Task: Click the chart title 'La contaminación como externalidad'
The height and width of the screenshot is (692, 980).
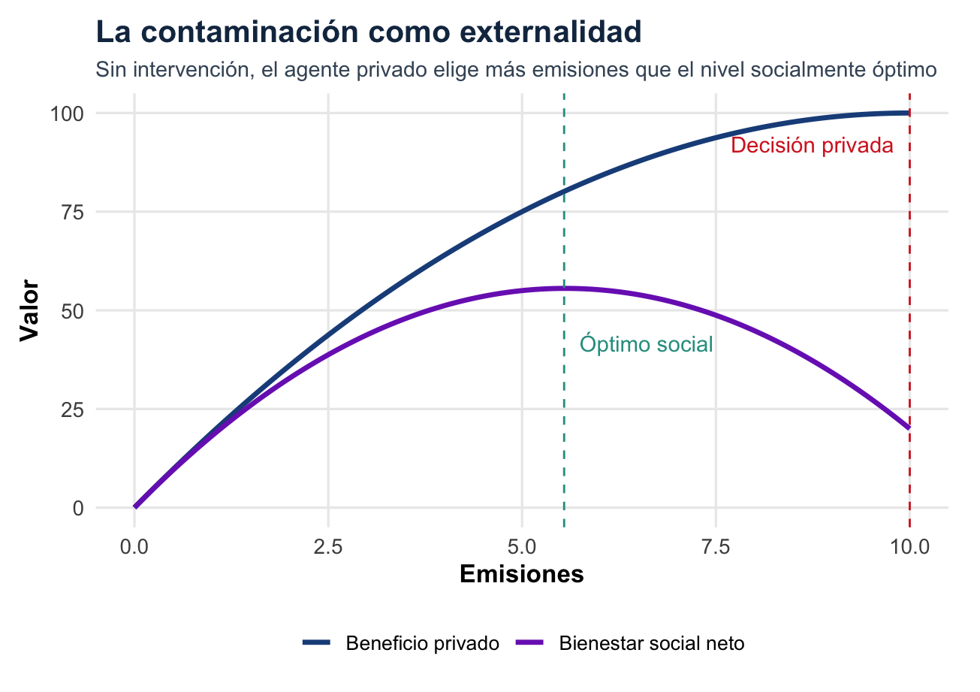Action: click(x=368, y=32)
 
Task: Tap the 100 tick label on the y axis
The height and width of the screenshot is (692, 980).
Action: click(x=65, y=113)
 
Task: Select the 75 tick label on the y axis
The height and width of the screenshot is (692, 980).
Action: click(x=71, y=212)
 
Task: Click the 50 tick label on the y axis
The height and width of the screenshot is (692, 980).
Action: click(x=71, y=310)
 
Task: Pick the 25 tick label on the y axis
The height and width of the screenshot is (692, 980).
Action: click(x=71, y=409)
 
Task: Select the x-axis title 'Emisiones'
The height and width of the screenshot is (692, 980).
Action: click(x=522, y=575)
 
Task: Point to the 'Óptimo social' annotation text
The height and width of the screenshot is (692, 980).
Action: click(x=647, y=345)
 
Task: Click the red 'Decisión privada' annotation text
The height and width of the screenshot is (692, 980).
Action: click(x=812, y=146)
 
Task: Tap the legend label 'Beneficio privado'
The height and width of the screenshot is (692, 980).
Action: click(x=423, y=644)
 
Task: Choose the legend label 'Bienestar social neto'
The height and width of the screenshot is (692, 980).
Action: click(x=652, y=644)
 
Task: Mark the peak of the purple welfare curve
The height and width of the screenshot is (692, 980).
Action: click(x=563, y=288)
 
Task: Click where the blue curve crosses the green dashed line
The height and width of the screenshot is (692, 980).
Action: click(x=564, y=191)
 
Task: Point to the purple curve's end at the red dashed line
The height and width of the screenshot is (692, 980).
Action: click(x=909, y=428)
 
